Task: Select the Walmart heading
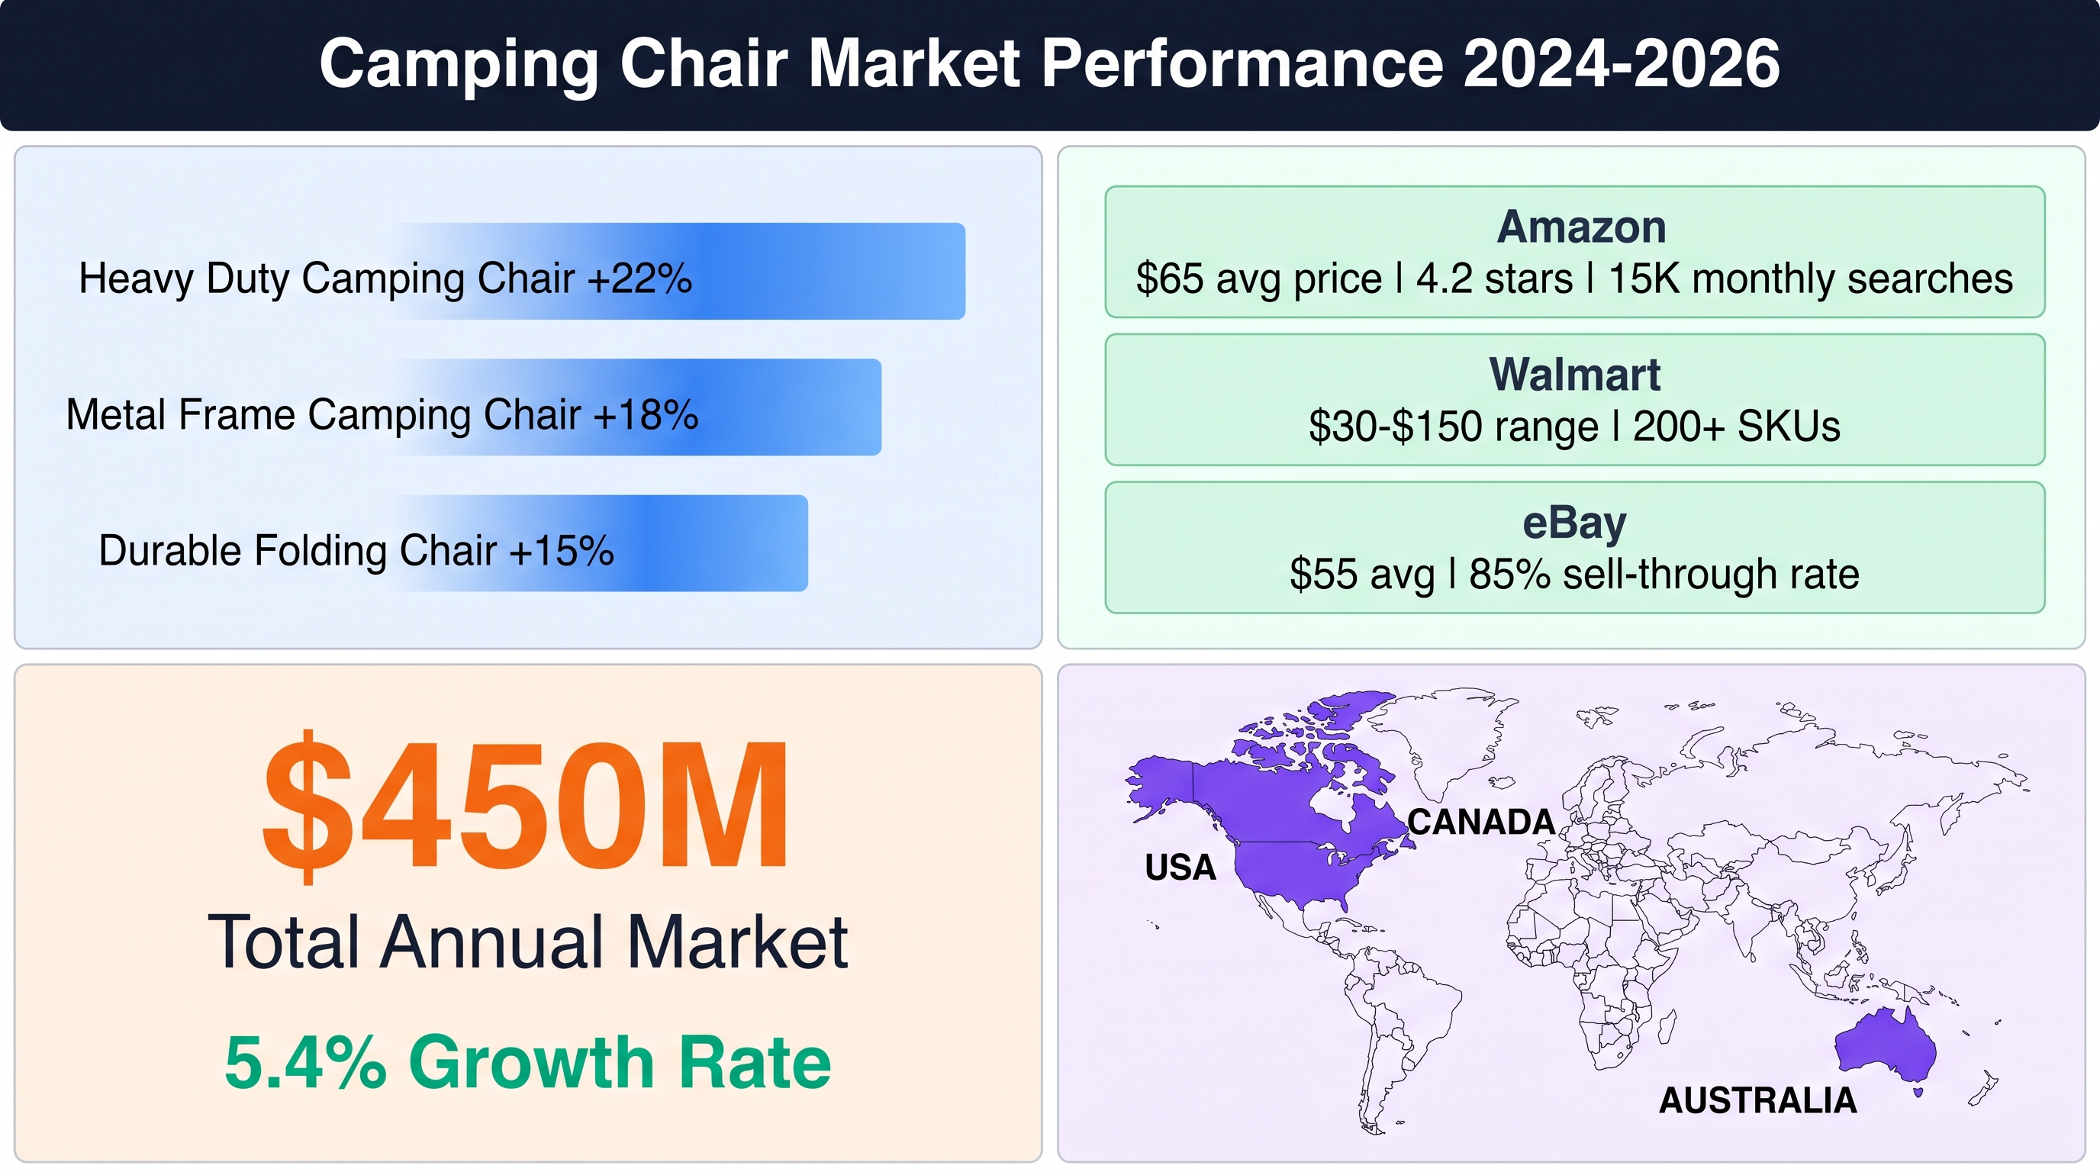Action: click(x=1574, y=375)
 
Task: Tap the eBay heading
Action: click(x=1574, y=524)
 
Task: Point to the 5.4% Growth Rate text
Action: click(x=527, y=1062)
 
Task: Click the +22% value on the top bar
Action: click(x=640, y=279)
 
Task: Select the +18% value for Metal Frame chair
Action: click(x=646, y=415)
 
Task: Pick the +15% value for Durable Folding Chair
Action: click(x=561, y=551)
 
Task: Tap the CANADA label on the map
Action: click(x=1481, y=822)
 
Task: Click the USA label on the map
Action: click(x=1180, y=868)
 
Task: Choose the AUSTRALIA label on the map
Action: click(x=1757, y=1100)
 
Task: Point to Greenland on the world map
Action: click(x=1439, y=738)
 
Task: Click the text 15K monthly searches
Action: click(x=1810, y=279)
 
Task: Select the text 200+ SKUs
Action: click(x=1737, y=427)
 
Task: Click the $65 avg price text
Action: click(x=1258, y=279)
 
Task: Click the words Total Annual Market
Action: click(x=527, y=942)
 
